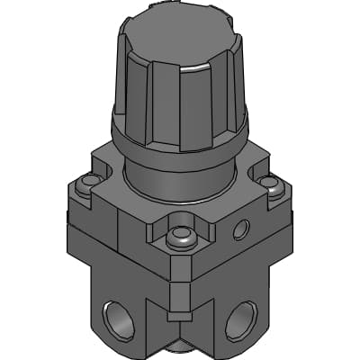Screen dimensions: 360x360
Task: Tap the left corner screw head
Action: tap(87, 186)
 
